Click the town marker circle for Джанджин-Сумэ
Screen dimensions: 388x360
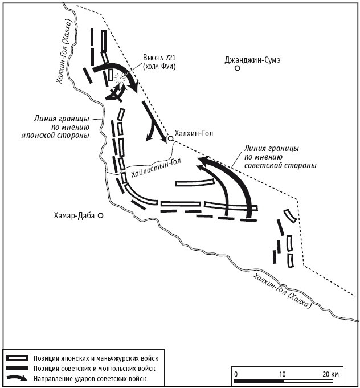click(237, 68)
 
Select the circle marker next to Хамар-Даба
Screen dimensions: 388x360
click(101, 216)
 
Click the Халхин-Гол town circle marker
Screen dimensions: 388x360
click(170, 138)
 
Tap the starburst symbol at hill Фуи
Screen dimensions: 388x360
click(119, 78)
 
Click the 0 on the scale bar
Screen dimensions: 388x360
click(236, 373)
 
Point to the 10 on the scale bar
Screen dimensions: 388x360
click(282, 373)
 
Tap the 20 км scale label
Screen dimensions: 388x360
click(330, 373)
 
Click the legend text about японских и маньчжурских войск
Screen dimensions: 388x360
click(95, 358)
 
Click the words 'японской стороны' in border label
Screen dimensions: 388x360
click(60, 136)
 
